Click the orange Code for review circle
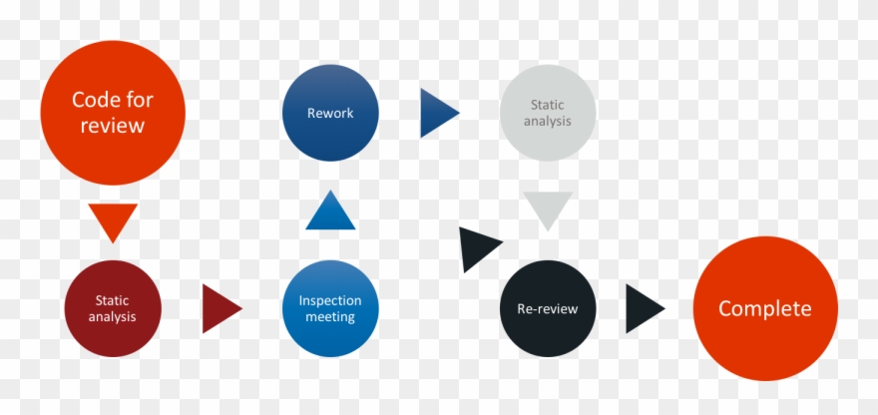[x=112, y=113]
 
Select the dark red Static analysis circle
[x=112, y=308]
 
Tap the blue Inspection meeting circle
[x=330, y=308]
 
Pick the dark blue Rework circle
[x=330, y=113]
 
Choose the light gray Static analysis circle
[x=549, y=113]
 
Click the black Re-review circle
[x=547, y=308]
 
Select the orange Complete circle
[x=765, y=308]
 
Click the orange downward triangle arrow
[x=112, y=220]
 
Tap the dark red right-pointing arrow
[x=219, y=309]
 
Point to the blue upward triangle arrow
[x=330, y=212]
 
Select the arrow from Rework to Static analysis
[x=437, y=113]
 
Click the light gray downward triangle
[x=549, y=209]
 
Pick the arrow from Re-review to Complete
[x=643, y=308]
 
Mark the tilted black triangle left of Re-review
[x=477, y=248]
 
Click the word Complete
[x=765, y=308]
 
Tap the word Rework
[x=330, y=113]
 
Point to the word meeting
[x=330, y=317]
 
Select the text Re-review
[x=547, y=308]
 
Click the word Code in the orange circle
[x=91, y=100]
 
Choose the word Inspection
[x=330, y=300]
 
